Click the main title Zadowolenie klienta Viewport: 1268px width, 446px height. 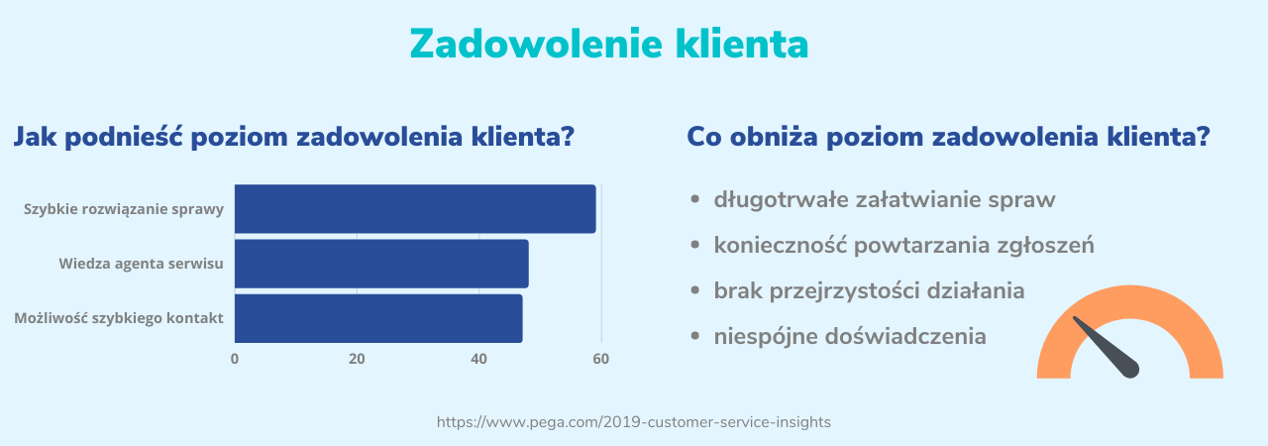click(608, 45)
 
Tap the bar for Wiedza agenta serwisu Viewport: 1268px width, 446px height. click(380, 264)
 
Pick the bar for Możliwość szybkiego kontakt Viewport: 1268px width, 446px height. click(377, 318)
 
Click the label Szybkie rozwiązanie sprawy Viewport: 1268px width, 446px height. click(124, 209)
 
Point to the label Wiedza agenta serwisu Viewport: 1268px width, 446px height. click(141, 264)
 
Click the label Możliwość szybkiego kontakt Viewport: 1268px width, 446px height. click(119, 318)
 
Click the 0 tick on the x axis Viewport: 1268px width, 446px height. click(235, 359)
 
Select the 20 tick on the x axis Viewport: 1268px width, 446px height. click(357, 359)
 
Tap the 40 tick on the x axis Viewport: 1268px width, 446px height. click(479, 359)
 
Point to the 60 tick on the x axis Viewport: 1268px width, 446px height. click(601, 359)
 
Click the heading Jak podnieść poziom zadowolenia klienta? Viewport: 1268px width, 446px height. click(293, 137)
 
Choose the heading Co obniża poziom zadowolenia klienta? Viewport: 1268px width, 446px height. click(948, 137)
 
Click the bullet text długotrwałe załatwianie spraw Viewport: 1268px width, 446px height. click(885, 200)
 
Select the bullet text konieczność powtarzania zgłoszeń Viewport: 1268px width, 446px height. click(903, 246)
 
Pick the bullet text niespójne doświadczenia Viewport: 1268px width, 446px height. click(850, 337)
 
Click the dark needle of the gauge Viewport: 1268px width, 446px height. click(1108, 347)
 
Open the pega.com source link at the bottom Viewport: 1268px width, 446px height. click(634, 422)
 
